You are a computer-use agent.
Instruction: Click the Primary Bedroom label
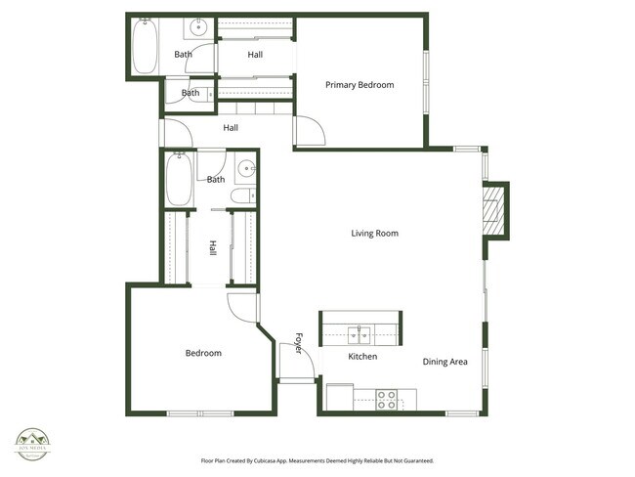tap(360, 85)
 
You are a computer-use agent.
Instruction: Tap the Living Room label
tap(375, 234)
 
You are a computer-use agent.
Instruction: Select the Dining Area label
tap(444, 362)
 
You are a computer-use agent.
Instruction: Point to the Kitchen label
tap(362, 357)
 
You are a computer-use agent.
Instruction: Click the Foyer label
tap(299, 345)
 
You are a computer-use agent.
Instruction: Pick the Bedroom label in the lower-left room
tap(203, 353)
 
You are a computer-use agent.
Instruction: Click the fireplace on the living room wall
tap(496, 208)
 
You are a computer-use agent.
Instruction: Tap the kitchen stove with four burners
tap(388, 399)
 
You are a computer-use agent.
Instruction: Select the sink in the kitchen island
tap(362, 336)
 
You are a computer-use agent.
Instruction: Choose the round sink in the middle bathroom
tap(246, 168)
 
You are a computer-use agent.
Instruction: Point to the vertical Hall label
tap(212, 249)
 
